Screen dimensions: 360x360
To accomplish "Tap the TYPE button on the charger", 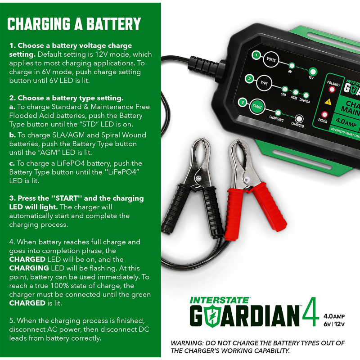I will pyautogui.click(x=265, y=83).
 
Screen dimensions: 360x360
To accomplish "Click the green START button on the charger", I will pyautogui.click(x=258, y=107).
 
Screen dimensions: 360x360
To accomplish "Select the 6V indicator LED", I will pyautogui.click(x=292, y=65).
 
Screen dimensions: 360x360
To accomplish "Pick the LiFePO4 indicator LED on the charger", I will pyautogui.click(x=306, y=95).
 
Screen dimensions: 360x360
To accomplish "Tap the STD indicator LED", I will pyautogui.click(x=284, y=89).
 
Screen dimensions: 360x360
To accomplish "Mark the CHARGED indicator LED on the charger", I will pyautogui.click(x=297, y=119).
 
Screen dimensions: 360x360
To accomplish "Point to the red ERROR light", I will pyautogui.click(x=324, y=115).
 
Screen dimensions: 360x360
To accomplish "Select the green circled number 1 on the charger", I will pyautogui.click(x=256, y=56).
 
